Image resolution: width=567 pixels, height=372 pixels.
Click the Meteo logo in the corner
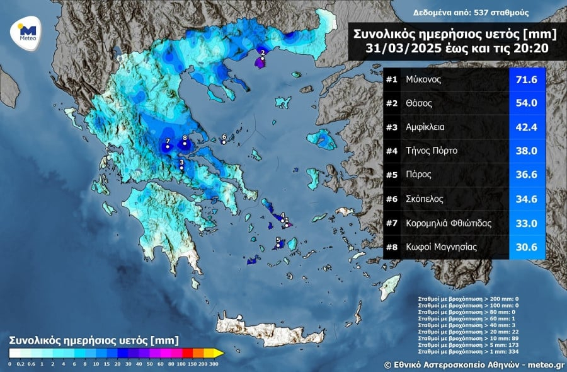(x=27, y=30)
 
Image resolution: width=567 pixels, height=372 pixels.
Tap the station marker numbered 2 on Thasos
(x=263, y=58)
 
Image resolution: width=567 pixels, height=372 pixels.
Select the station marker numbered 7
(x=168, y=146)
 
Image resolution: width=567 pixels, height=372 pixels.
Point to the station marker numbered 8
(x=185, y=143)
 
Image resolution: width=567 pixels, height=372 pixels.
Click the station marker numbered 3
(x=181, y=168)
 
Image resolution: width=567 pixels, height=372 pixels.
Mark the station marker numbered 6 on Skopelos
(x=224, y=142)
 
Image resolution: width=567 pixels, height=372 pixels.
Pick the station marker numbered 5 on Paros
(x=278, y=245)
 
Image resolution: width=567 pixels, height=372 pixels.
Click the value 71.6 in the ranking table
(x=526, y=80)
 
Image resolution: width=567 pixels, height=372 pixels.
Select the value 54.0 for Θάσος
(x=526, y=103)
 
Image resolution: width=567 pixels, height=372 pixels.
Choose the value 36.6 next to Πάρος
(x=526, y=175)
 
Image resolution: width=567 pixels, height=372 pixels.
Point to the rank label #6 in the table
(x=391, y=199)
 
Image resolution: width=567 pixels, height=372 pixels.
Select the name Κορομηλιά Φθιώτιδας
(x=449, y=223)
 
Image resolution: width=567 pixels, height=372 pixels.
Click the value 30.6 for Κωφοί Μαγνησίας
(x=526, y=247)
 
